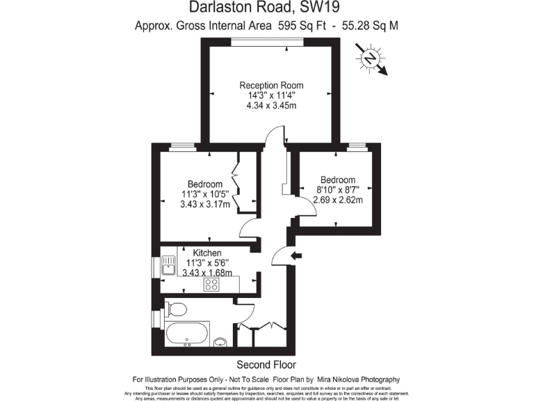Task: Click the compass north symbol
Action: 373,58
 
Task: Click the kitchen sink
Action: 168,266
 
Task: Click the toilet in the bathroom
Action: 176,308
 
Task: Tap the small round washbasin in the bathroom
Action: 220,341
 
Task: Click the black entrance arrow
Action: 296,256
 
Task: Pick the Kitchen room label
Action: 207,253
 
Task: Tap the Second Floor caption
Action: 266,365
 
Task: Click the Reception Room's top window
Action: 267,41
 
